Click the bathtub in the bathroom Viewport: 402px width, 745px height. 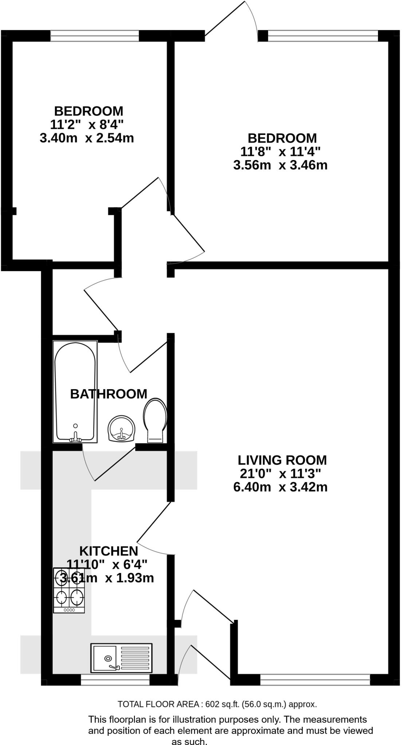click(75, 391)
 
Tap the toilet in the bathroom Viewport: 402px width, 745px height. click(155, 421)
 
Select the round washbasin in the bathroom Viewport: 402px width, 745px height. click(122, 429)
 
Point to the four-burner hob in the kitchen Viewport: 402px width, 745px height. click(69, 590)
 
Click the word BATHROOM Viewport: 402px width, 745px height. click(109, 394)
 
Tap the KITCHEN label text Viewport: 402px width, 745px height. click(109, 551)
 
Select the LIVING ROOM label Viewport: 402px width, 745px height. click(282, 460)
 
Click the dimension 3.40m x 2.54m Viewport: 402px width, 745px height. click(87, 138)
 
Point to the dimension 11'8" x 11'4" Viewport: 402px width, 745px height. click(280, 151)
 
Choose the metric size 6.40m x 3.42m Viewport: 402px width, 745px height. click(280, 487)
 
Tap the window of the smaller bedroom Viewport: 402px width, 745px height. click(95, 36)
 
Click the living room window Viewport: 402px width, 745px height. click(315, 680)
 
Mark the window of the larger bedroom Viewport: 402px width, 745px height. click(323, 36)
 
